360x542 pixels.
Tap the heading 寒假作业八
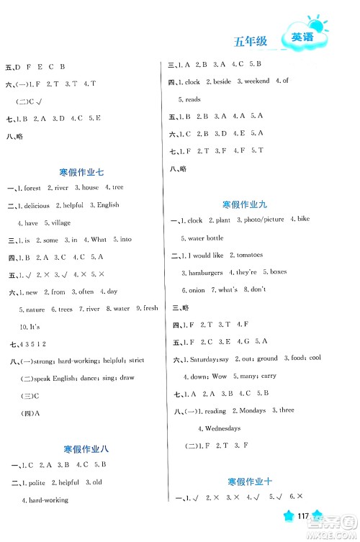(81, 448)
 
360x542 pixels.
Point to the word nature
(35, 309)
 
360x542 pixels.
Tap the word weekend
(256, 81)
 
